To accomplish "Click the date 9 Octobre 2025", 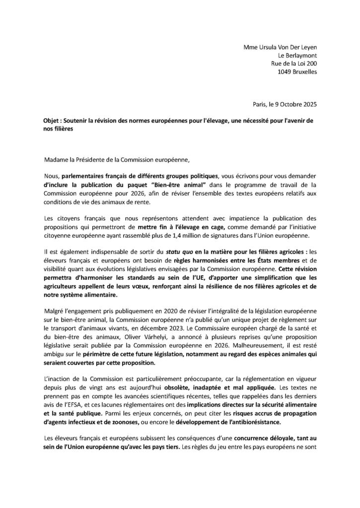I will [x=293, y=105].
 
